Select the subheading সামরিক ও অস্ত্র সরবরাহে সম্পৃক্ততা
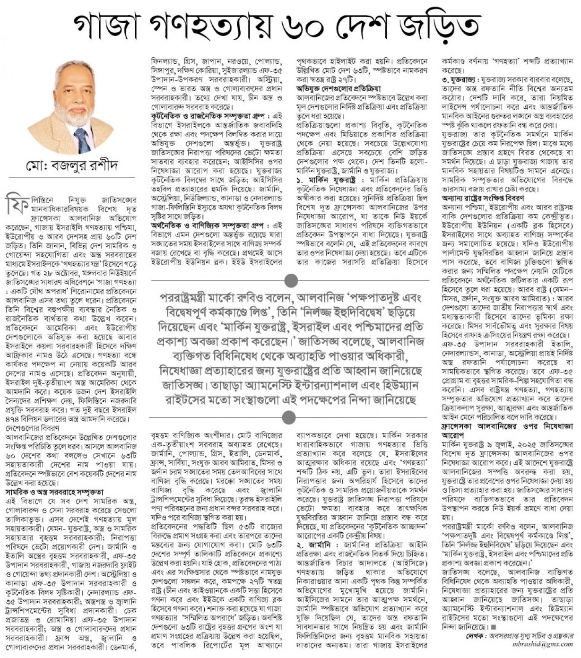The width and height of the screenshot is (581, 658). (x=54, y=492)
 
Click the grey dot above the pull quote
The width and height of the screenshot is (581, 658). (x=288, y=277)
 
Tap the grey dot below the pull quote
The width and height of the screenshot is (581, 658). (x=288, y=417)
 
